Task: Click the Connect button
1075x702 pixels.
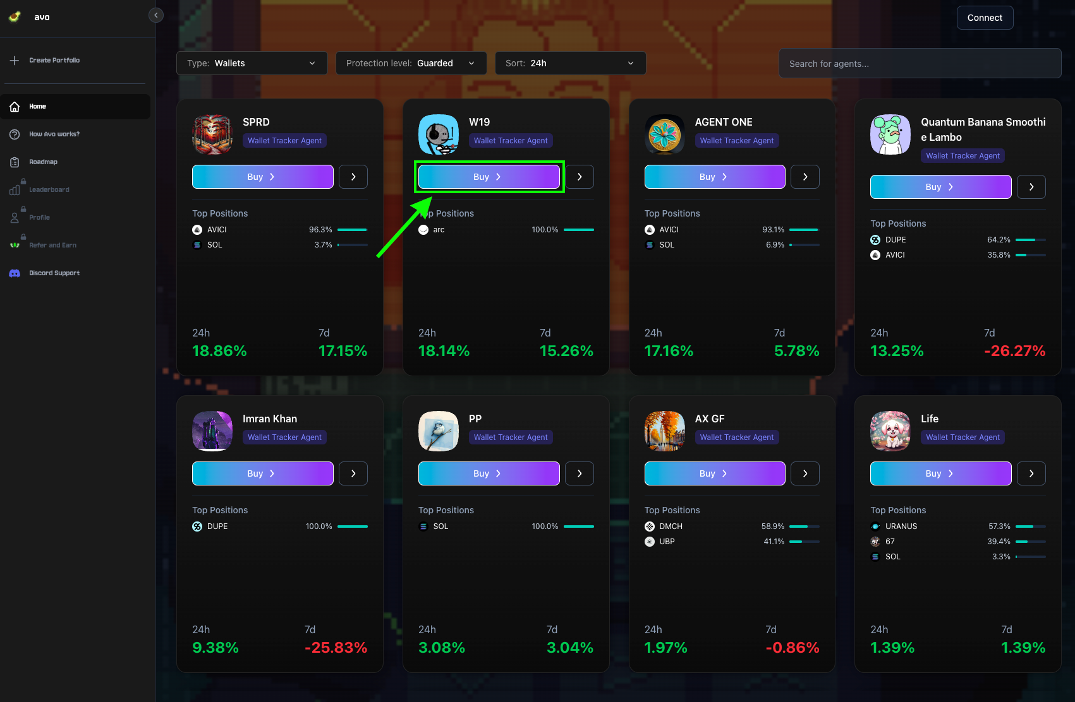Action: (985, 18)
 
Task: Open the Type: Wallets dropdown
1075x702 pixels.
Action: (252, 63)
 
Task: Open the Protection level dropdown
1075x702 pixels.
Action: (411, 63)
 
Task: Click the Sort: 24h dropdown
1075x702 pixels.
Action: (570, 63)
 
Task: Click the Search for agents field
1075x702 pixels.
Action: (920, 64)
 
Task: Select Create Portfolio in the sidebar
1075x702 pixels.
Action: (54, 61)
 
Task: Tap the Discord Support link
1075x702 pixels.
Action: (54, 273)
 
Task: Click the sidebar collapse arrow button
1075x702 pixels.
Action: (156, 15)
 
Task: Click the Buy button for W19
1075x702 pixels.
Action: (489, 177)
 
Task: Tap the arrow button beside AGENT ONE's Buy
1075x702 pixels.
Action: (805, 177)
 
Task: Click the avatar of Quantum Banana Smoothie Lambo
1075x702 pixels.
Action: (890, 134)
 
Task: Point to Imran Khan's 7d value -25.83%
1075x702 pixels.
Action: (336, 648)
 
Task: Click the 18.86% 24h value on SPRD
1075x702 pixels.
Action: (219, 351)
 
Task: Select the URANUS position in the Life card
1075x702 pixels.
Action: (901, 526)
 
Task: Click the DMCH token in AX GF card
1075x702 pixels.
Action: (670, 526)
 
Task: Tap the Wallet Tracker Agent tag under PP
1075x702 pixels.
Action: (511, 437)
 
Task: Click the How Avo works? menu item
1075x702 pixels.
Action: (54, 134)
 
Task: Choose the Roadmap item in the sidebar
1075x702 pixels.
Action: (43, 162)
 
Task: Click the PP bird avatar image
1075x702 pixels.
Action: (439, 431)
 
